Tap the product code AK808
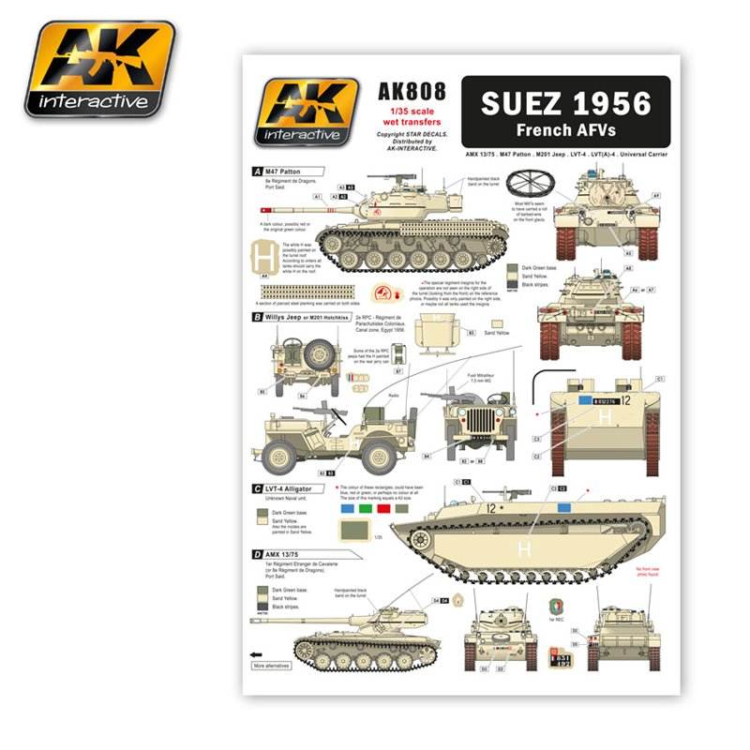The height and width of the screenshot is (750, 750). (407, 94)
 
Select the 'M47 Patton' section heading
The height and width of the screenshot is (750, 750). (287, 172)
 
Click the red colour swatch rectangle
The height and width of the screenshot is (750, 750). (384, 510)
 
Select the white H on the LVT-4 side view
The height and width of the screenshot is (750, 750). (523, 546)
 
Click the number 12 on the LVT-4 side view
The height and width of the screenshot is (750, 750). (490, 507)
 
